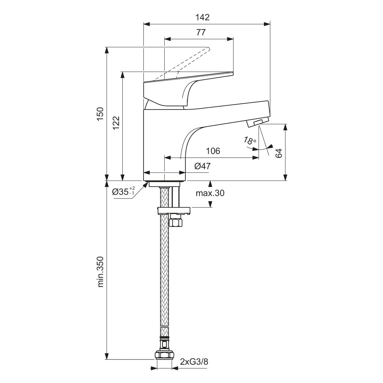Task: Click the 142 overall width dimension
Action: (202, 17)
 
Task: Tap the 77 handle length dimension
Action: (201, 32)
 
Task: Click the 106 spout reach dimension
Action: (213, 151)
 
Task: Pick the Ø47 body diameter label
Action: (202, 166)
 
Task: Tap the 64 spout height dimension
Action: (279, 153)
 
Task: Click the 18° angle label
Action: (249, 140)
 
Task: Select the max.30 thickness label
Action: (210, 193)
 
